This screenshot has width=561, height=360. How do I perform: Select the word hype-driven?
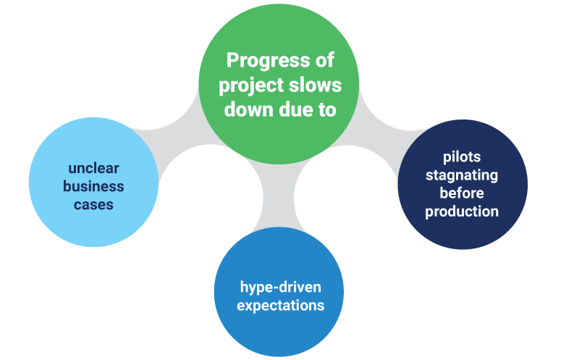click(280, 286)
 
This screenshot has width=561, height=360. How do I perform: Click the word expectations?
click(280, 305)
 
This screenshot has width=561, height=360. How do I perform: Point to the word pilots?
click(462, 157)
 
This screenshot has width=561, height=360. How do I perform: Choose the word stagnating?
click(462, 175)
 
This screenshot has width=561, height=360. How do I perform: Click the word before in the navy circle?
click(462, 193)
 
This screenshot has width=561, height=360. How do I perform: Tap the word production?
click(462, 212)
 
